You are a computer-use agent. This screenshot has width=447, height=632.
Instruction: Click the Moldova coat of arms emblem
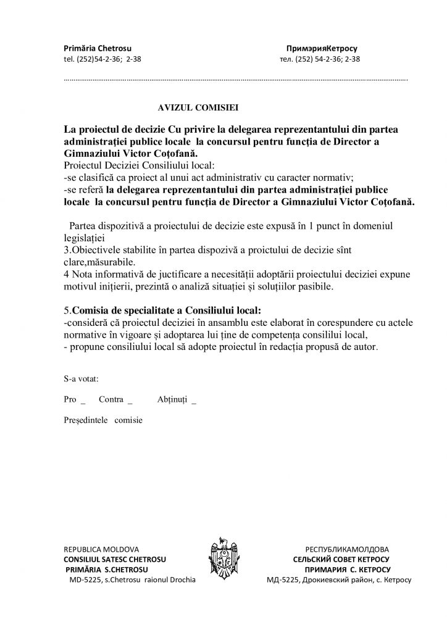[224, 562]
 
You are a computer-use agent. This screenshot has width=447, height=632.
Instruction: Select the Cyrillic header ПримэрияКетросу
[322, 48]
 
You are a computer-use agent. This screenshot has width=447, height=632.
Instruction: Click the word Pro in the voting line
[70, 399]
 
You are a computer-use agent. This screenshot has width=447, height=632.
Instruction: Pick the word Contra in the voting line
[111, 399]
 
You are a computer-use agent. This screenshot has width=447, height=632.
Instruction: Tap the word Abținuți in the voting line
[172, 399]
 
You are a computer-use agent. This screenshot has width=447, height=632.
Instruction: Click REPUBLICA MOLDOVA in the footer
[101, 549]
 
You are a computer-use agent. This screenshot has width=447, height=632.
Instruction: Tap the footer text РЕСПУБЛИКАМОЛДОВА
[347, 549]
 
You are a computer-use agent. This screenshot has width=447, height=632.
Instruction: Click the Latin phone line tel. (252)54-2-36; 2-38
[106, 60]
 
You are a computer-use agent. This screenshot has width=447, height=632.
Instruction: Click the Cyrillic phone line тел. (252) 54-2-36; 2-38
[320, 60]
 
